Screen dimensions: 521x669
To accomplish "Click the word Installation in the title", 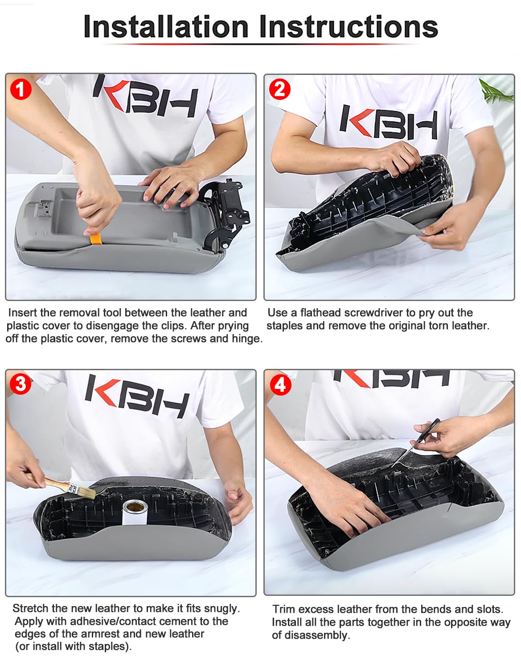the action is (166, 27).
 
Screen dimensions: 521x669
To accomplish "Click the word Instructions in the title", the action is (349, 27).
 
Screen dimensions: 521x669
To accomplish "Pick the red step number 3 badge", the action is (21, 384).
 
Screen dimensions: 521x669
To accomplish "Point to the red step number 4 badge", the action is (280, 385).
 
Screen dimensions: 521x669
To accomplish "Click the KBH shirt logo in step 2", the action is (389, 122).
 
